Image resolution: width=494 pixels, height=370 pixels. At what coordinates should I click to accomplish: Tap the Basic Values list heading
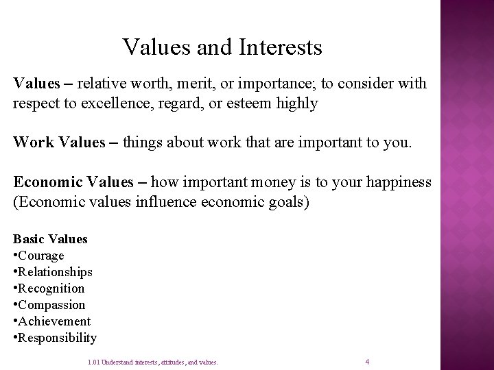click(51, 239)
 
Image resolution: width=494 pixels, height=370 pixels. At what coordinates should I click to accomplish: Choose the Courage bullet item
click(40, 256)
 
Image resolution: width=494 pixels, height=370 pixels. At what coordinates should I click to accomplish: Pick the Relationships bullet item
click(56, 272)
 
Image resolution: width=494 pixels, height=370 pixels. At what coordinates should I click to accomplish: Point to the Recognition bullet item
click(51, 288)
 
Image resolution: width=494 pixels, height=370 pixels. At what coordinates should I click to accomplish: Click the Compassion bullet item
click(52, 305)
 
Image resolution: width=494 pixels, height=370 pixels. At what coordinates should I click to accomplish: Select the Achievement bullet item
click(54, 321)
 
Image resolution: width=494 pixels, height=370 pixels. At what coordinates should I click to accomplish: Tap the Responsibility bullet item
click(58, 338)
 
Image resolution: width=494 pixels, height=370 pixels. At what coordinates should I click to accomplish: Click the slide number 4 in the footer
click(368, 361)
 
